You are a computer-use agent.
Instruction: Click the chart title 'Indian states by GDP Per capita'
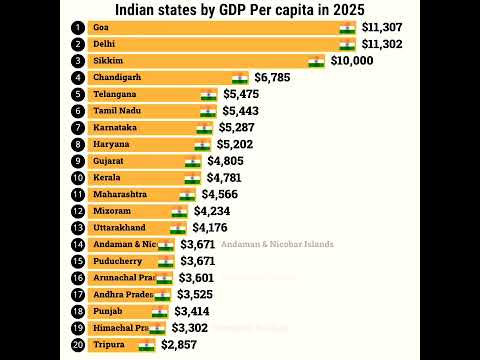point(239,10)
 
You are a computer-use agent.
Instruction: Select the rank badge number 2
point(77,45)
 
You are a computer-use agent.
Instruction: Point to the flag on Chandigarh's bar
point(240,77)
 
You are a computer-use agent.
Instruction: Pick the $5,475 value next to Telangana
point(245,95)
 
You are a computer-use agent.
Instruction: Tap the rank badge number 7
point(77,128)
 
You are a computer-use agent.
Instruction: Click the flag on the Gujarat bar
point(193,161)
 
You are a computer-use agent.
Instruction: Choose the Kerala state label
point(107,177)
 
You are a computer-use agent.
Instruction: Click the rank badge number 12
point(77,211)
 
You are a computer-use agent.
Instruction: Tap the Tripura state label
point(108,344)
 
